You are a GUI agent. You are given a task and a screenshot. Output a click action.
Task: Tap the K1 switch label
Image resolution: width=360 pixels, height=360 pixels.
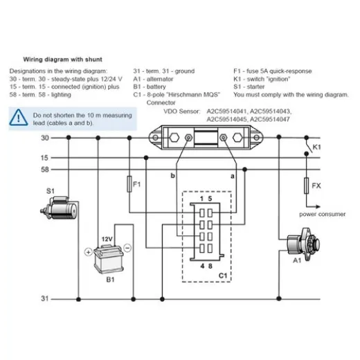click(x=316, y=148)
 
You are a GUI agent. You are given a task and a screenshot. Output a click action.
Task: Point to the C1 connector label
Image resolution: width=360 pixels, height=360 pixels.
click(x=223, y=275)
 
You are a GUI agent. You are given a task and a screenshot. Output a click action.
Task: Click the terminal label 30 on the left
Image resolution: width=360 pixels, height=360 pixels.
click(x=45, y=138)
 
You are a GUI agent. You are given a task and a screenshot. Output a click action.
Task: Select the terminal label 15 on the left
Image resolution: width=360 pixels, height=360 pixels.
click(x=45, y=157)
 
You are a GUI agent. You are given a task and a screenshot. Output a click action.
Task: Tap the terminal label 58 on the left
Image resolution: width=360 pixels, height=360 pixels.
click(x=45, y=168)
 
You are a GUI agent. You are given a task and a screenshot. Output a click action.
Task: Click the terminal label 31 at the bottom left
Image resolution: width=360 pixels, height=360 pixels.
click(x=45, y=298)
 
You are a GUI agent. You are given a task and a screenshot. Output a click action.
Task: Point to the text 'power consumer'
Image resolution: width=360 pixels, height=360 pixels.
click(x=322, y=214)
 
